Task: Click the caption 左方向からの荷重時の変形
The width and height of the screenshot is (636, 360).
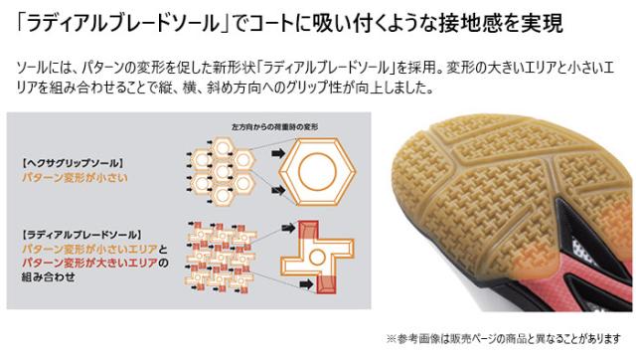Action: pos(268,128)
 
